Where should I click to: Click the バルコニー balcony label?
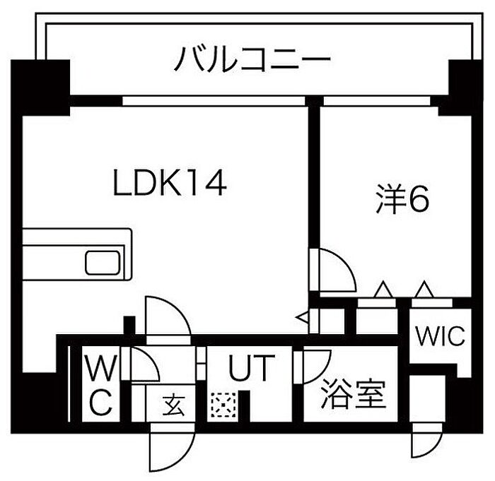pos(252,59)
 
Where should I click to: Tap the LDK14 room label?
pos(170,183)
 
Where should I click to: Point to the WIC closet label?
pos(441,336)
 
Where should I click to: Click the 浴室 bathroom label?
pos(354,393)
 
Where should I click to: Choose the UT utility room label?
pos(252,367)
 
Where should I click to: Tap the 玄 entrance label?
pos(174,405)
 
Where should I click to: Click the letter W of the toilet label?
pos(102,367)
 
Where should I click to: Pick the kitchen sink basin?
pos(103,263)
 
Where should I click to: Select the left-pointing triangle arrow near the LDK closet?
pos(302,318)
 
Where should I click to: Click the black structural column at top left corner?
pos(40,88)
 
